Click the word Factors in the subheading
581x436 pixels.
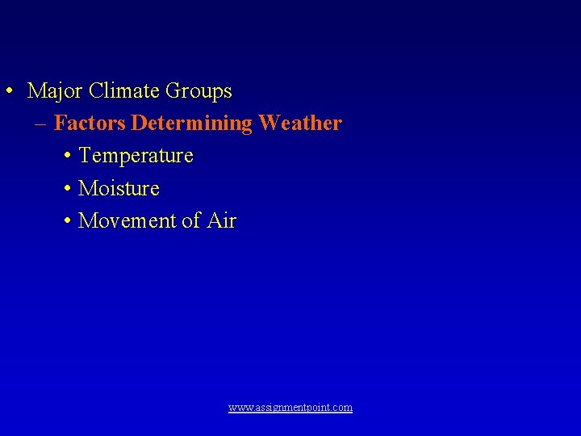90,124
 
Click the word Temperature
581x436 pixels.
136,155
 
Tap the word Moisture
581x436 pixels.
119,188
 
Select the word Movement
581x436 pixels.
129,220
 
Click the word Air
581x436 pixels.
220,220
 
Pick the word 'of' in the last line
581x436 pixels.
191,220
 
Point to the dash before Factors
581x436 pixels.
40,124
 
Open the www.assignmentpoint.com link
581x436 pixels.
290,408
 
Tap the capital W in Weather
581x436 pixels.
270,124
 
